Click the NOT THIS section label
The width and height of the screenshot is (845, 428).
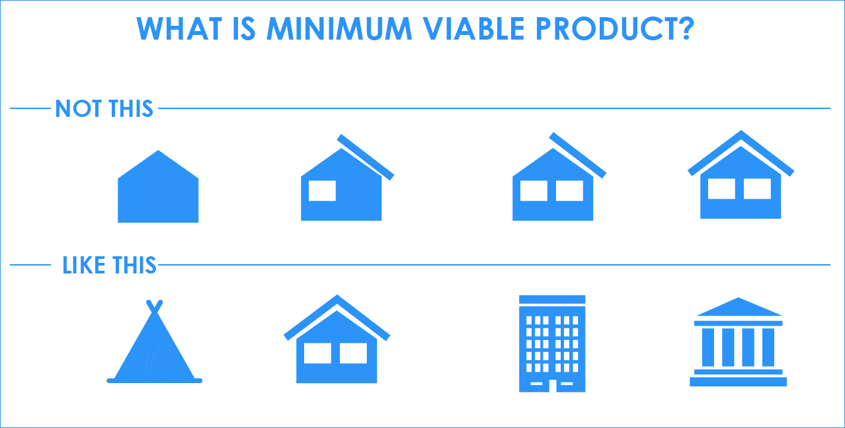[x=104, y=108]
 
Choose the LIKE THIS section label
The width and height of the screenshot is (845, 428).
[x=109, y=266]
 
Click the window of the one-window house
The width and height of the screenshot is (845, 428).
[x=322, y=190]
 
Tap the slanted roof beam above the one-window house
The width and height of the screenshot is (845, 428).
[x=366, y=157]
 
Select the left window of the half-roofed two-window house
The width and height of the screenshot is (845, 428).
[x=533, y=190]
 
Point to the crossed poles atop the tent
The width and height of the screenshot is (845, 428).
[x=154, y=306]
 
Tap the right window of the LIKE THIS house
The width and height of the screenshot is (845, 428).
[x=353, y=353]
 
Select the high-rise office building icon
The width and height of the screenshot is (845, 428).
[x=552, y=343]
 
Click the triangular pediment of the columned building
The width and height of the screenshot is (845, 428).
[x=739, y=308]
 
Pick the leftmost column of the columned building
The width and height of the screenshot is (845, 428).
[x=707, y=347]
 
